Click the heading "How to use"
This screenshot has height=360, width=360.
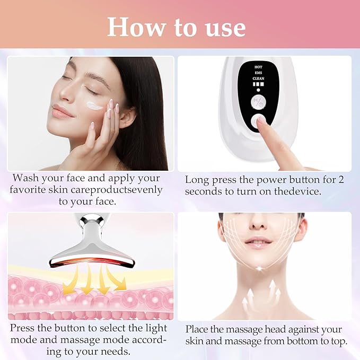click(x=177, y=27)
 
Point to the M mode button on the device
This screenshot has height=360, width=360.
click(x=259, y=101)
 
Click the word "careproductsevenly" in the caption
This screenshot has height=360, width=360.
click(x=117, y=189)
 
